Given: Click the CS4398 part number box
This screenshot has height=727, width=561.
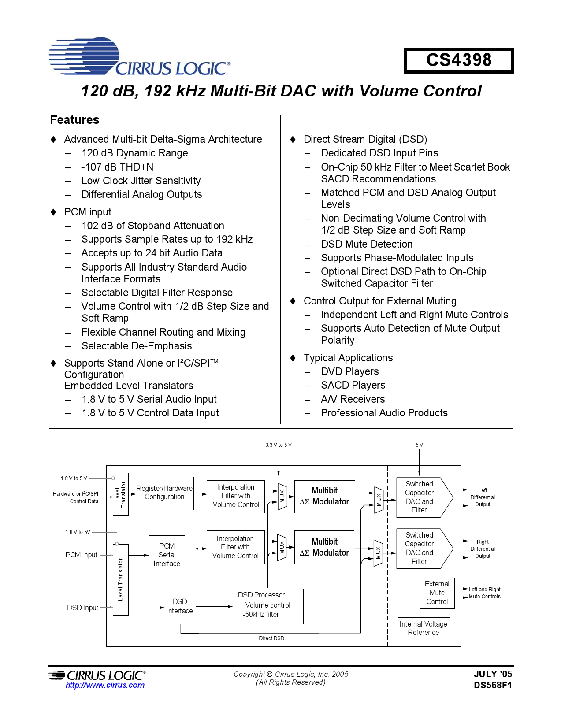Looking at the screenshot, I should pos(459,60).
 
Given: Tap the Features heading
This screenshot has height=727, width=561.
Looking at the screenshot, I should pos(74,120).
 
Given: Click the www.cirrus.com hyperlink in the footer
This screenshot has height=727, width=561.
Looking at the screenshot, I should pos(105,685).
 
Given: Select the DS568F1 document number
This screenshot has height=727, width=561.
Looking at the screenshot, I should pos(493,685).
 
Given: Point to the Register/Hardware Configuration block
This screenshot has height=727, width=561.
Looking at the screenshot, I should pos(164,493).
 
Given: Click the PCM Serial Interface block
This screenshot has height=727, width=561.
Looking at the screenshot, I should pos(167,555).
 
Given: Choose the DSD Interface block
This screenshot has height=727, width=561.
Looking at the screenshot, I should pos(179,606).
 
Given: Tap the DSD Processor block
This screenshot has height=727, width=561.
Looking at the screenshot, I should pos(267,606).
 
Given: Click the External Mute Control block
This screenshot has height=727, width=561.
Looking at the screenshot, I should pos(437,593).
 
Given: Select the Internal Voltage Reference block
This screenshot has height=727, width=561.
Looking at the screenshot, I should pos(423,628).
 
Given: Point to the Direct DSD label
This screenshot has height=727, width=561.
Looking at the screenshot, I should pos(271,638).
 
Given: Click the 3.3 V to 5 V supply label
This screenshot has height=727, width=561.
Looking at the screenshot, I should pos(278,445).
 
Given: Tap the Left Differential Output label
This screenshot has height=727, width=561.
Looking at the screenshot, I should pos(483,497).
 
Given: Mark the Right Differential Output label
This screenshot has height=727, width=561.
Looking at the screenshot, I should pos(483,549).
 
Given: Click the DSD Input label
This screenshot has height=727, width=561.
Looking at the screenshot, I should pos(82,608).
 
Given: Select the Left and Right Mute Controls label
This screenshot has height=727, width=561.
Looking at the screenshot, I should pos(484,593).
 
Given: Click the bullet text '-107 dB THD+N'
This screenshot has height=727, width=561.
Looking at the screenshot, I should pos(117,167).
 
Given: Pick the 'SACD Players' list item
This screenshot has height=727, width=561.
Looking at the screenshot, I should pos(353,385).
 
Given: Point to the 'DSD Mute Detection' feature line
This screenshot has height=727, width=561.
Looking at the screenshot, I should pos(367,244).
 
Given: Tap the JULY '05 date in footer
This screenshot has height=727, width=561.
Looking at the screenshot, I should pos(493,674).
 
